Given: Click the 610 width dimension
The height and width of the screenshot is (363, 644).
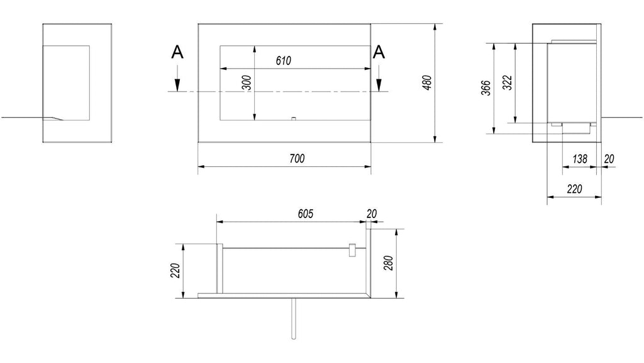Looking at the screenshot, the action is click(284, 61).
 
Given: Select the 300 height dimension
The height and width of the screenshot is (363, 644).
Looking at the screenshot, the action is click(247, 83).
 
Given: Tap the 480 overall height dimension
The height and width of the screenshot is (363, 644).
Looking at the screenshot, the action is click(427, 83).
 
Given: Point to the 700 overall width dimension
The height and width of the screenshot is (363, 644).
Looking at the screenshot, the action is click(297, 158).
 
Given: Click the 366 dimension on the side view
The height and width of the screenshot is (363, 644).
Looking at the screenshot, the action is click(486, 88).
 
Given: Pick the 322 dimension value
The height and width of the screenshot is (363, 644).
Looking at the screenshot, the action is click(508, 83).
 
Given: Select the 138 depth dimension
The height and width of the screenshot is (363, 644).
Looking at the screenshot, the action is click(579, 159).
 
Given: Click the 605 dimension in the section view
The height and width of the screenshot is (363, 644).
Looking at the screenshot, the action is click(306, 214).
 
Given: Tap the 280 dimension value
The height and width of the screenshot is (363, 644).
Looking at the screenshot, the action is click(389, 263).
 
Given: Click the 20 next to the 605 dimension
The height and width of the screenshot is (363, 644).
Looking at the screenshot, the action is click(372, 214).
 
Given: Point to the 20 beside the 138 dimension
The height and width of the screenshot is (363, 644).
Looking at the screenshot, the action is click(609, 159).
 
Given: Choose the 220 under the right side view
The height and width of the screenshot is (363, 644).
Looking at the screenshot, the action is click(575, 189).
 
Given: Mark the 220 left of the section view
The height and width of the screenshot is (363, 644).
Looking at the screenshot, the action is click(176, 270).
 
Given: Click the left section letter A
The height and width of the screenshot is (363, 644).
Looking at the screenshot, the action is click(177, 53).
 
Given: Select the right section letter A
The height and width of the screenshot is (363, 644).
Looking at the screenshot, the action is click(379, 53).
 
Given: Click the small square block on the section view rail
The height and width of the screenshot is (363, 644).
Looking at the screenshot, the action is click(352, 250).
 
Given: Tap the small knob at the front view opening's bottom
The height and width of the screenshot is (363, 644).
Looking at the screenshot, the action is click(294, 119).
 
